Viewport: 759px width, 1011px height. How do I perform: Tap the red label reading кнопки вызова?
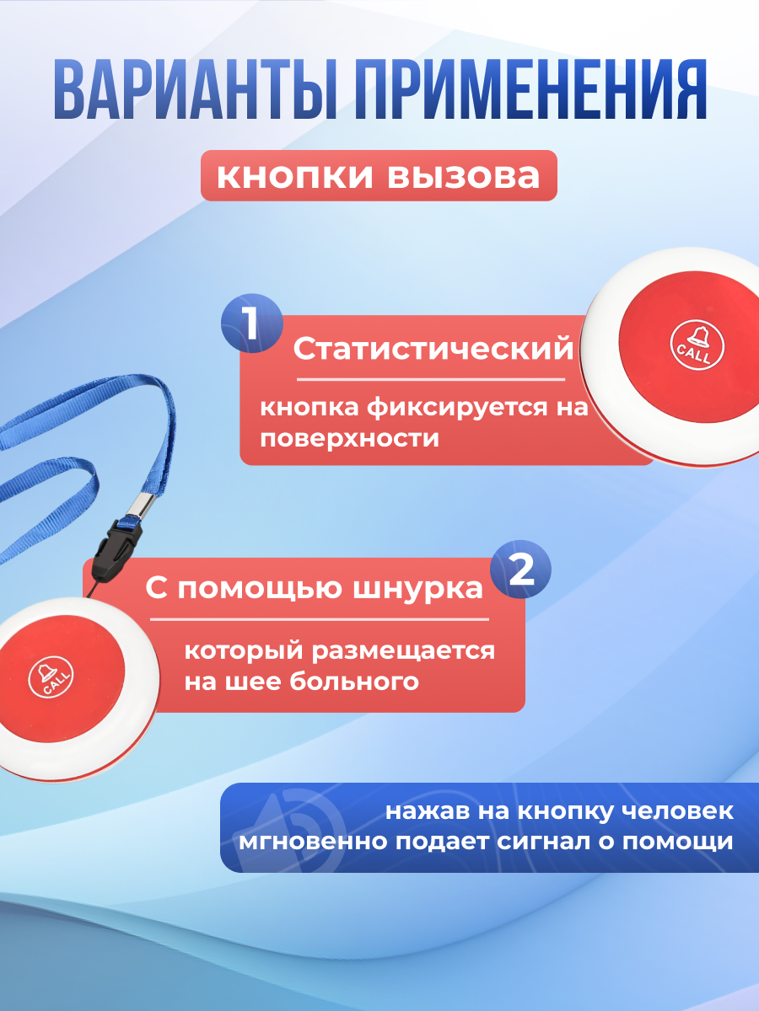pos(379,176)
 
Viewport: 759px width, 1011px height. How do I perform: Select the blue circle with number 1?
pos(250,325)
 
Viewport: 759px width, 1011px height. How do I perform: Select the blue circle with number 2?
pos(521,572)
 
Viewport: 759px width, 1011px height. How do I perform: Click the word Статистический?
pos(433,349)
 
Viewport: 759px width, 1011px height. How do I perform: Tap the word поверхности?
pos(349,438)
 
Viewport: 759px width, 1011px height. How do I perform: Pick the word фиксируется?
pos(451,409)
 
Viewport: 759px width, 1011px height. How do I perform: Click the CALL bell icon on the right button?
pos(697,344)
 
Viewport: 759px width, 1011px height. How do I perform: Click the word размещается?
pos(410,651)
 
